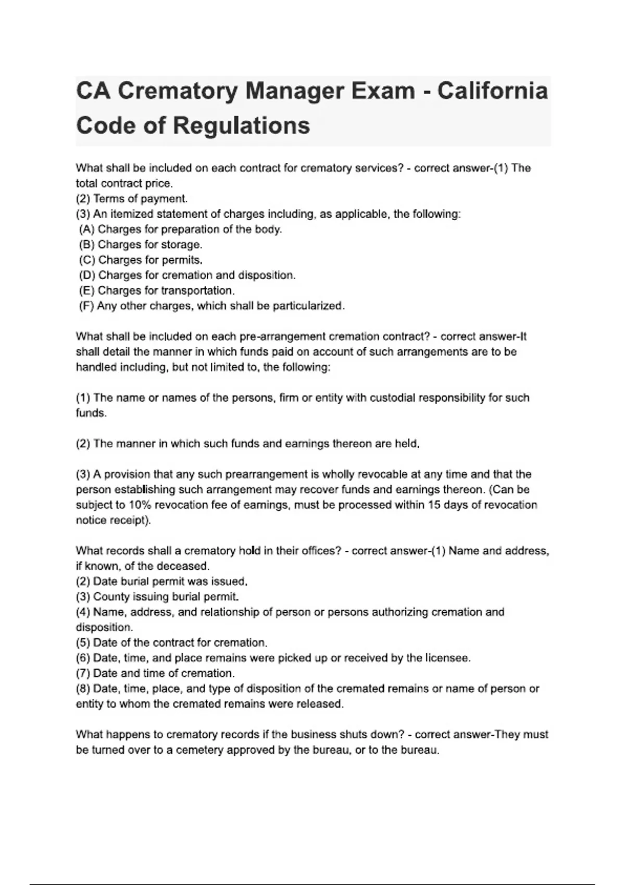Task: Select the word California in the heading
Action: [x=492, y=91]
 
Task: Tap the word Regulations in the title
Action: [x=241, y=125]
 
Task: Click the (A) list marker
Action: [x=87, y=229]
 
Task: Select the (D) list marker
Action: [x=87, y=275]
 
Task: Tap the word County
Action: [x=111, y=597]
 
